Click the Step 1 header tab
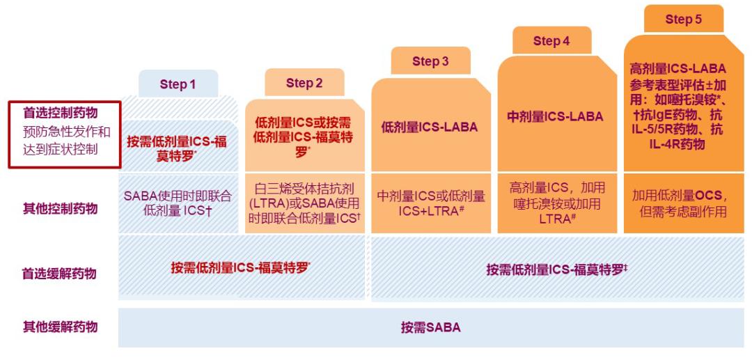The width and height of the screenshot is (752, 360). (178, 84)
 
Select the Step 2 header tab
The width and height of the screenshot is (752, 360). (304, 83)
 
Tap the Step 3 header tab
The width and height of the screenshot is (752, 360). (430, 61)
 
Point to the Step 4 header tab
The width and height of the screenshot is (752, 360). (551, 40)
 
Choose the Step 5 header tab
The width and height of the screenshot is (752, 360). (683, 19)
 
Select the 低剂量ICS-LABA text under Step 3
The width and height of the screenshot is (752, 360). (430, 127)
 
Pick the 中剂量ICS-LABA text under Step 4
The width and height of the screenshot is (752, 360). (554, 117)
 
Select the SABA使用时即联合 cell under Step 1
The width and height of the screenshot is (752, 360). (178, 195)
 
